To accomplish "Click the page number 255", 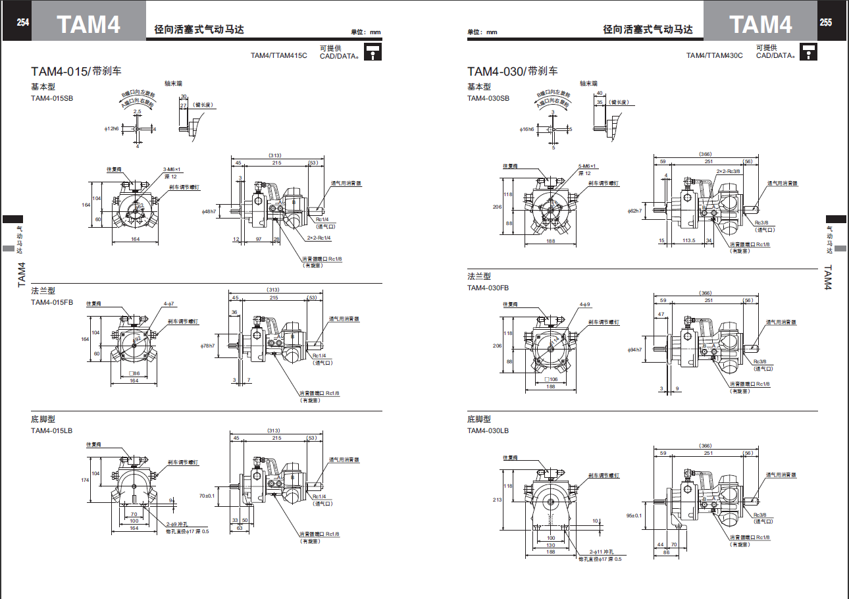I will [825, 22].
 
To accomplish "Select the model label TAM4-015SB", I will [52, 98].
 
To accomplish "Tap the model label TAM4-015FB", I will [52, 302].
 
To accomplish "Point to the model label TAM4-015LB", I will [52, 430].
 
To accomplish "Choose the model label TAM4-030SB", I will [488, 98].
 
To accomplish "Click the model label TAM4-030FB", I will [488, 288].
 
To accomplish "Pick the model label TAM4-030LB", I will [488, 430].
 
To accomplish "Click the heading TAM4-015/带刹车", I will [76, 71].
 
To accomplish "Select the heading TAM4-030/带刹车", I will [513, 71].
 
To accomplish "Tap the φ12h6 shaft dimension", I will [111, 128].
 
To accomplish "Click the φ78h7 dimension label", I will [208, 346].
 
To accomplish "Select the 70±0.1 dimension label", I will [207, 495].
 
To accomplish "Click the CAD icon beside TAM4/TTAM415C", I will [373, 51].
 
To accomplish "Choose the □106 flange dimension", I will [552, 379].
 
